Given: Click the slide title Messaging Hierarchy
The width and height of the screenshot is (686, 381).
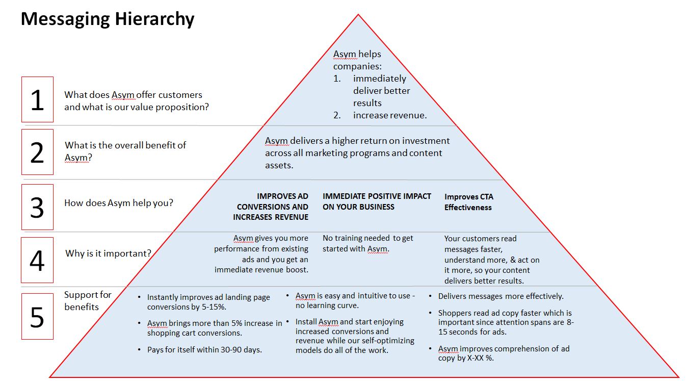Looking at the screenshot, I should [x=108, y=19].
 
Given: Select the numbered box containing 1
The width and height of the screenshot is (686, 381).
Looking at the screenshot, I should [x=37, y=99].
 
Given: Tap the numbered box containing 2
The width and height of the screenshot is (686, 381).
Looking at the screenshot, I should [x=37, y=152].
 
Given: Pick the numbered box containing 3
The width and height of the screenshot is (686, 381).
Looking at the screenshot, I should [x=37, y=207].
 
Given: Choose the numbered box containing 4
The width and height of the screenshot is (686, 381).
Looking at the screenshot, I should [x=37, y=260].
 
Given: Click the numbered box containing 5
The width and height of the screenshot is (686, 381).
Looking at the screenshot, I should [x=37, y=316].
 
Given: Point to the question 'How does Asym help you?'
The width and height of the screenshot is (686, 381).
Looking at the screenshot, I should [x=118, y=203].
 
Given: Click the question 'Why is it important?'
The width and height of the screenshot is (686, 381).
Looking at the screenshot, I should [x=108, y=253].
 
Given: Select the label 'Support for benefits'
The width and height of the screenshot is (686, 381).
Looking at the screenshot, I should [x=88, y=301].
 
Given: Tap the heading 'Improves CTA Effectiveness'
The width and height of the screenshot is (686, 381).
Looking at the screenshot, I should [x=468, y=202].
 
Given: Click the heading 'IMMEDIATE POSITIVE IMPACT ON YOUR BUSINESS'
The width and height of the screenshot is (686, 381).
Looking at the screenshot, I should [x=377, y=201].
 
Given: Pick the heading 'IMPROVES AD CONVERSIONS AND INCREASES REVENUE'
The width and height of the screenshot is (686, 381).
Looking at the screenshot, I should [x=271, y=207].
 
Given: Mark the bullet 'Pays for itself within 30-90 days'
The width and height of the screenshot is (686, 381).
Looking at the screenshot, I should [x=204, y=350].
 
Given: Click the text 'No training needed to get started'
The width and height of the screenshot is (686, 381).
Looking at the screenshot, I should [x=367, y=244].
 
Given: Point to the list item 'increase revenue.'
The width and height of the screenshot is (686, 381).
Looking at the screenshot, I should [x=390, y=115].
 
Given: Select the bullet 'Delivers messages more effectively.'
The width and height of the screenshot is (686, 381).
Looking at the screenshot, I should [x=500, y=296].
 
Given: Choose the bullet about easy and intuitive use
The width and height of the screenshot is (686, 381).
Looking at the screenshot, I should [x=355, y=300].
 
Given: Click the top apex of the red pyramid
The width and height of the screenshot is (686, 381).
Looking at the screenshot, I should [x=358, y=15].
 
